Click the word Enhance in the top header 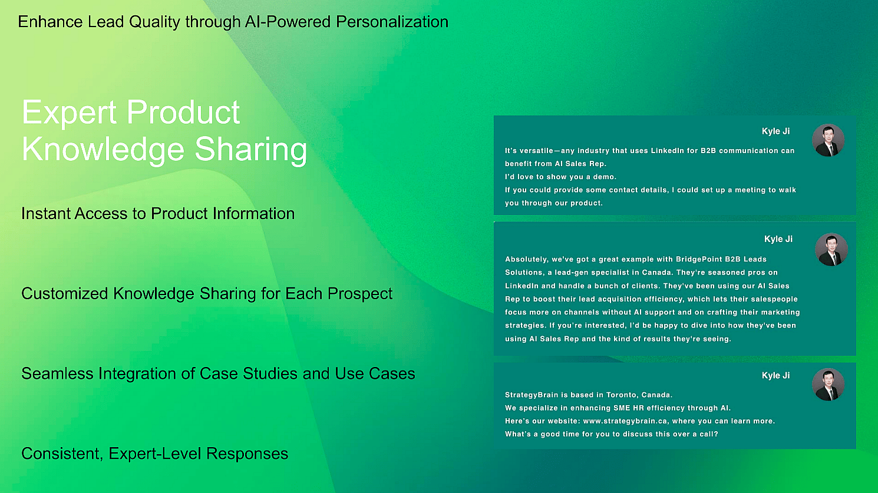pyautogui.click(x=51, y=22)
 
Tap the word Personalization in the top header pyautogui.click(x=392, y=22)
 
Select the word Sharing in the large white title pyautogui.click(x=251, y=149)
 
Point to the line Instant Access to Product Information pyautogui.click(x=158, y=214)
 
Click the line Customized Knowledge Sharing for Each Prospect pyautogui.click(x=207, y=293)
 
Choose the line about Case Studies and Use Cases pyautogui.click(x=219, y=373)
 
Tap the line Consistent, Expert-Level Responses pyautogui.click(x=155, y=454)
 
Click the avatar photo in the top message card pyautogui.click(x=829, y=140)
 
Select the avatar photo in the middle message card pyautogui.click(x=831, y=250)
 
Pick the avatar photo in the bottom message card pyautogui.click(x=829, y=385)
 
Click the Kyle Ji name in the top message pyautogui.click(x=775, y=131)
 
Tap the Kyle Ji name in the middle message pyautogui.click(x=778, y=239)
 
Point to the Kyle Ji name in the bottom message pyautogui.click(x=775, y=375)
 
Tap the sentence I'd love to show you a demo pyautogui.click(x=560, y=177)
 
